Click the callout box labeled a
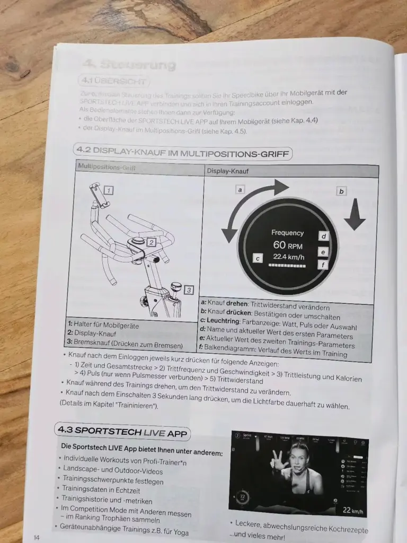click(x=240, y=189)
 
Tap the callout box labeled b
click(x=341, y=191)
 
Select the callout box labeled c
click(x=258, y=258)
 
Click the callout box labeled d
click(x=323, y=236)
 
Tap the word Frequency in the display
click(x=288, y=233)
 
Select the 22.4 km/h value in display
click(x=289, y=257)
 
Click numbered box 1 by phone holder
click(x=109, y=190)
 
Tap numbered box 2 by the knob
click(x=151, y=242)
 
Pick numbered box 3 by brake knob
click(x=189, y=290)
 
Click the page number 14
click(x=37, y=537)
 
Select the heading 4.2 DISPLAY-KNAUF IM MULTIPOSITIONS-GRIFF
click(x=183, y=153)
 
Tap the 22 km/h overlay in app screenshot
click(x=353, y=510)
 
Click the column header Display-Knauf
click(x=227, y=171)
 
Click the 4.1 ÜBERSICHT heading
click(x=113, y=81)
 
